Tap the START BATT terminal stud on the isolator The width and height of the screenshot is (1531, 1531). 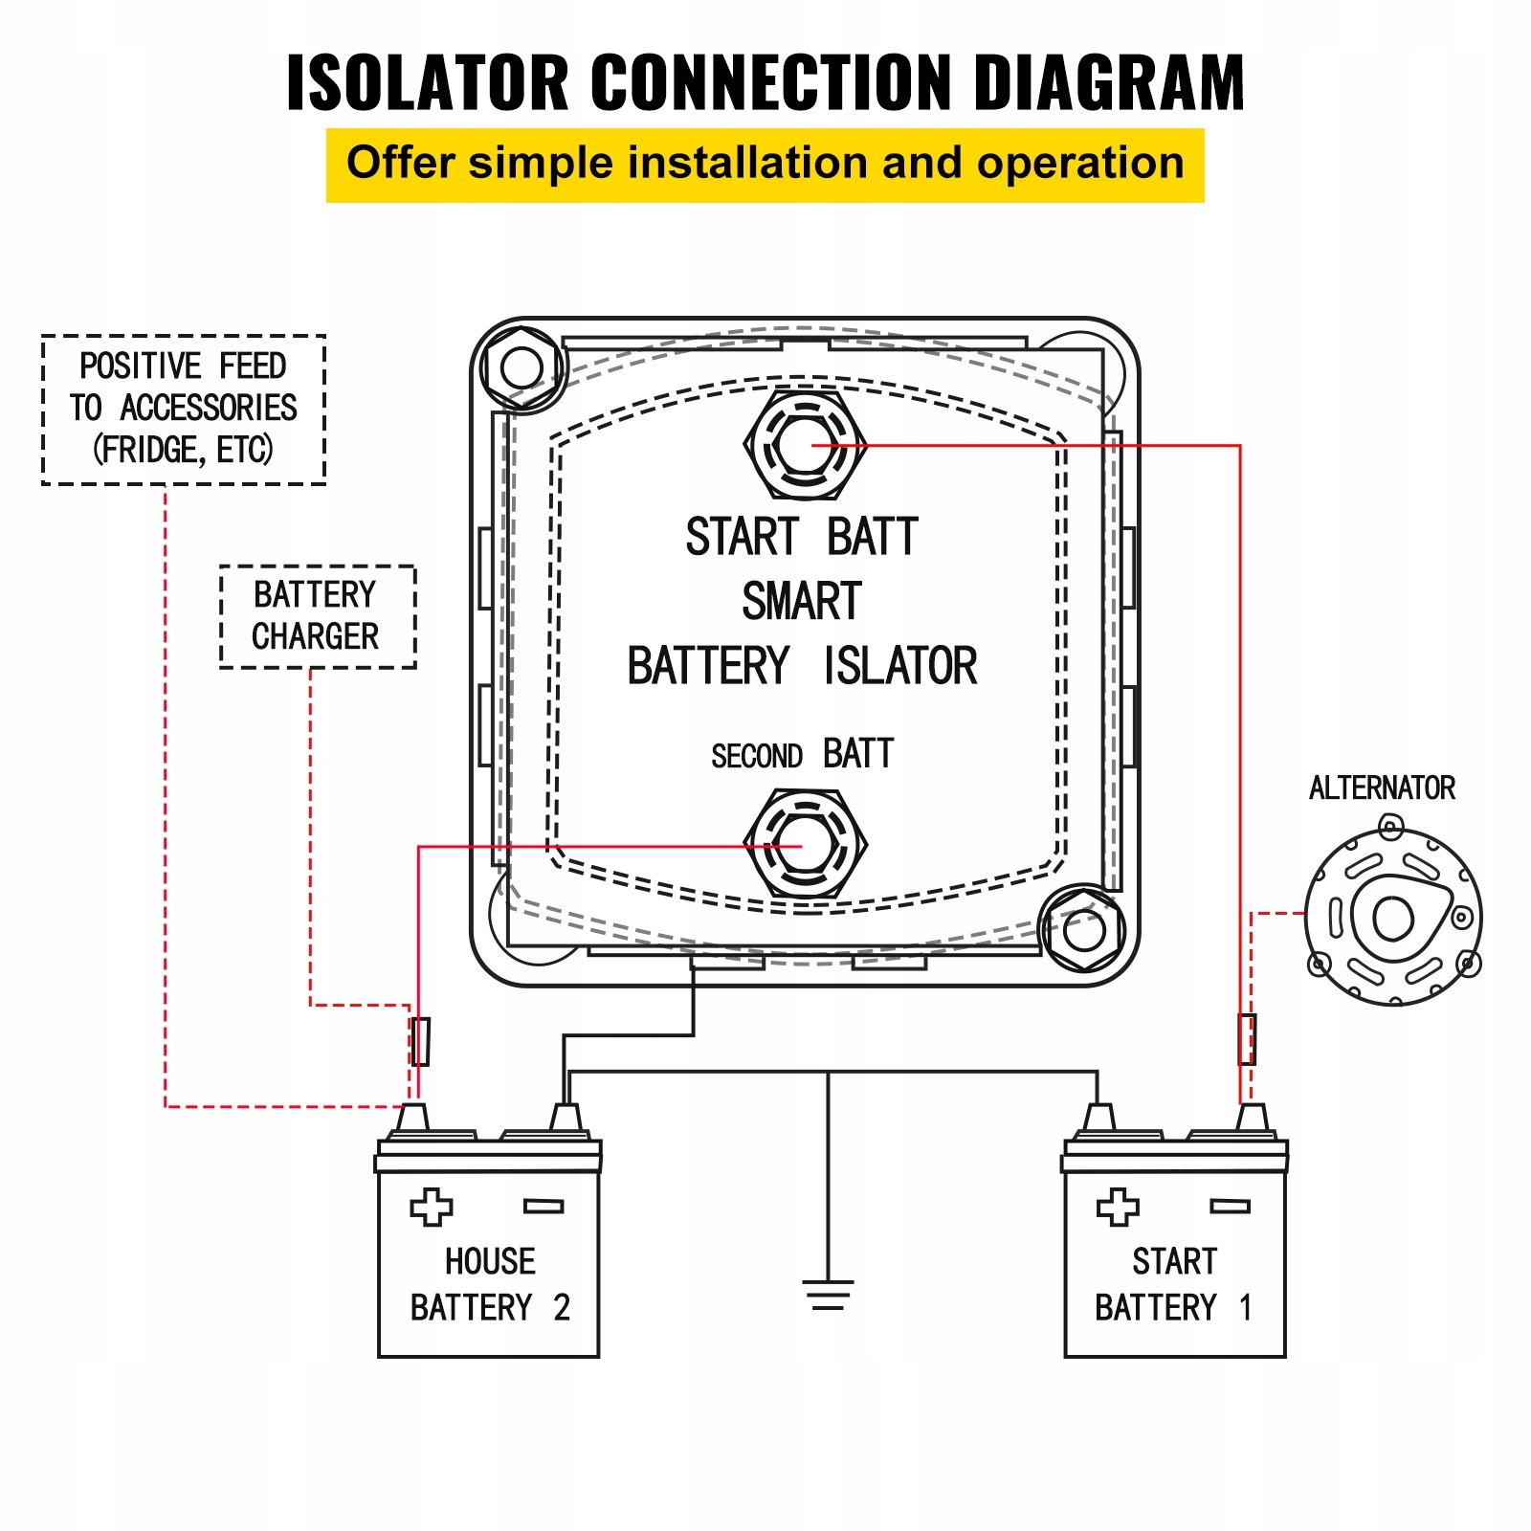tap(806, 445)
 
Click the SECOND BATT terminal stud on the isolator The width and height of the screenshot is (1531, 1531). tap(806, 845)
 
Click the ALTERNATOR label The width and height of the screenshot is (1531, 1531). tap(1382, 788)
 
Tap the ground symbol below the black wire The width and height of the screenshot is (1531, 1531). tap(828, 1296)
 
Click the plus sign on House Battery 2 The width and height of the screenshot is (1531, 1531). tap(432, 1208)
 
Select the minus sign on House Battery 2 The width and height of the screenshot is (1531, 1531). tap(544, 1207)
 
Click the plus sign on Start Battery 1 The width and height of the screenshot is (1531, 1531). tap(1118, 1208)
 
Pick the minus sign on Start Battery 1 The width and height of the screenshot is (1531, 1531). tap(1230, 1207)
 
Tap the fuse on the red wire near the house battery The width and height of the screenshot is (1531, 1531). tap(420, 1041)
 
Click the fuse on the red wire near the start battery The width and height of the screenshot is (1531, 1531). tap(1247, 1039)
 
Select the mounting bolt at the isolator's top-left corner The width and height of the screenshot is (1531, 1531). tap(521, 366)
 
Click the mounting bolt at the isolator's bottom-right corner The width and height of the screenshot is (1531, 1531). tap(1083, 930)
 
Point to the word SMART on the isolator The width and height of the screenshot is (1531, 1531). tap(802, 601)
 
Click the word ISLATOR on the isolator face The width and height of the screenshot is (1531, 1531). tap(900, 666)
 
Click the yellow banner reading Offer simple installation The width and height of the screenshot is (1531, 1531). tap(765, 165)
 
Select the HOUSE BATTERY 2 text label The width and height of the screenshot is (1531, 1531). tap(490, 1284)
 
